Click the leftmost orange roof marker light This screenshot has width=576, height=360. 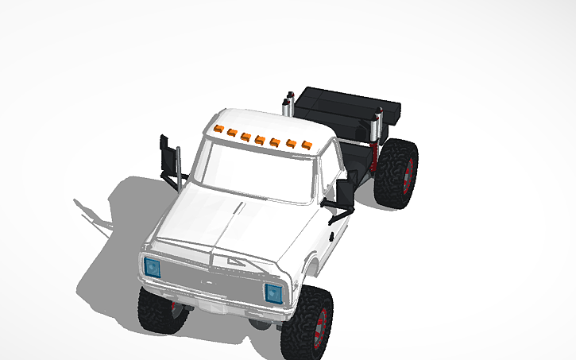(x=218, y=128)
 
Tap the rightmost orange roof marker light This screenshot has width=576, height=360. (x=306, y=146)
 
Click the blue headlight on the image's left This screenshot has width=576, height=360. (x=152, y=267)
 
